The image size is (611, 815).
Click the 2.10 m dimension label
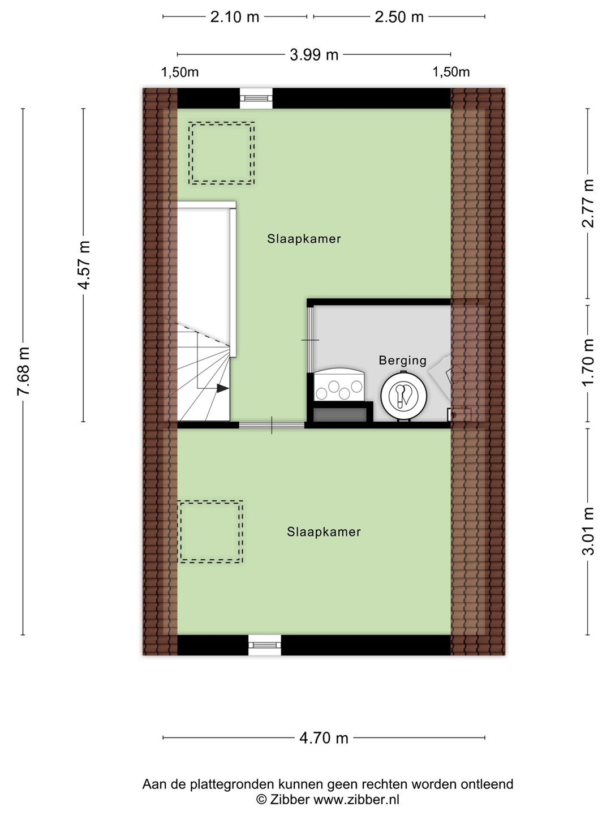(x=234, y=17)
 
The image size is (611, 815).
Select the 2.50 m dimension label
(x=399, y=17)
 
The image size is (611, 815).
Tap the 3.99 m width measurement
(x=314, y=55)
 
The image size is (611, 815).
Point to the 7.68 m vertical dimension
(x=23, y=371)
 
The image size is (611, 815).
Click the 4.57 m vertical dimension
(x=84, y=265)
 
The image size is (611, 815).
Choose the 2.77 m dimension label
(x=588, y=203)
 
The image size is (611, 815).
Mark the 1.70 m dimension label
(x=588, y=363)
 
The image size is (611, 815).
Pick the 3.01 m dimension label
(x=588, y=531)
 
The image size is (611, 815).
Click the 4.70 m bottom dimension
(x=324, y=738)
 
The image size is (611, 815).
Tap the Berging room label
(x=402, y=360)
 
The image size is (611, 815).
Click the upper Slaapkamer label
(x=304, y=239)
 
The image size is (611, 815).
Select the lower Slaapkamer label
(x=324, y=531)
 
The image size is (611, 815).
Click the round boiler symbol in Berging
(x=403, y=396)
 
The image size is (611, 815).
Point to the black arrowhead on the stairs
(x=222, y=388)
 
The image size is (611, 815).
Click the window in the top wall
(x=256, y=98)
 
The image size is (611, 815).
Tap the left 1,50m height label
(x=179, y=72)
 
